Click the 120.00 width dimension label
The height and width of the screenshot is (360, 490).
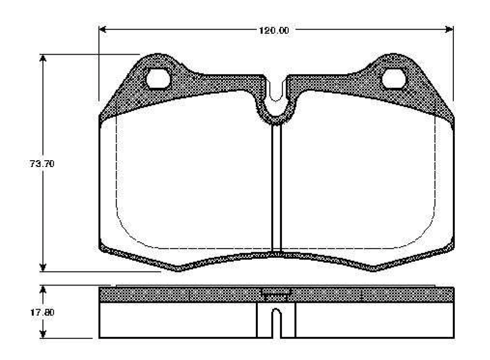pos(274,30)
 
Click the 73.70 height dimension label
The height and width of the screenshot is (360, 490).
pos(42,164)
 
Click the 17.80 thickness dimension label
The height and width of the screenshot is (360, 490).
pos(42,312)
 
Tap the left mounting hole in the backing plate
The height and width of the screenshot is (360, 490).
pos(158,79)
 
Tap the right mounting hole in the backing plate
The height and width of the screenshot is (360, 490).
pos(394,79)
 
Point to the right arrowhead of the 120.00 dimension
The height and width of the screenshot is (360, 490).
pos(449,30)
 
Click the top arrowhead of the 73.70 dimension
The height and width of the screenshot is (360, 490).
pos(43,59)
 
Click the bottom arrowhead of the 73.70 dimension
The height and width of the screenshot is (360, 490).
pos(43,268)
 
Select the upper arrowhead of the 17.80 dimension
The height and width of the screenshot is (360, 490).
pos(43,289)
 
